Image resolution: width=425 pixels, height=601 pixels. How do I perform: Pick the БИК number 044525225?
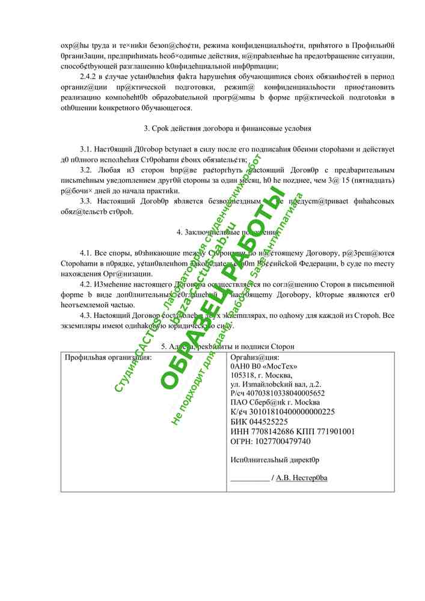[268, 421]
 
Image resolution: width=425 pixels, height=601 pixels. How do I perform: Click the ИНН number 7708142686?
[268, 431]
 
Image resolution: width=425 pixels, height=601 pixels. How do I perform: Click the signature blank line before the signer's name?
[249, 478]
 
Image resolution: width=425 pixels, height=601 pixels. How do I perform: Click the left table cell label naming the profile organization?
[108, 358]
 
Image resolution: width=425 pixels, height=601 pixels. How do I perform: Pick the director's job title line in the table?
[275, 460]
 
